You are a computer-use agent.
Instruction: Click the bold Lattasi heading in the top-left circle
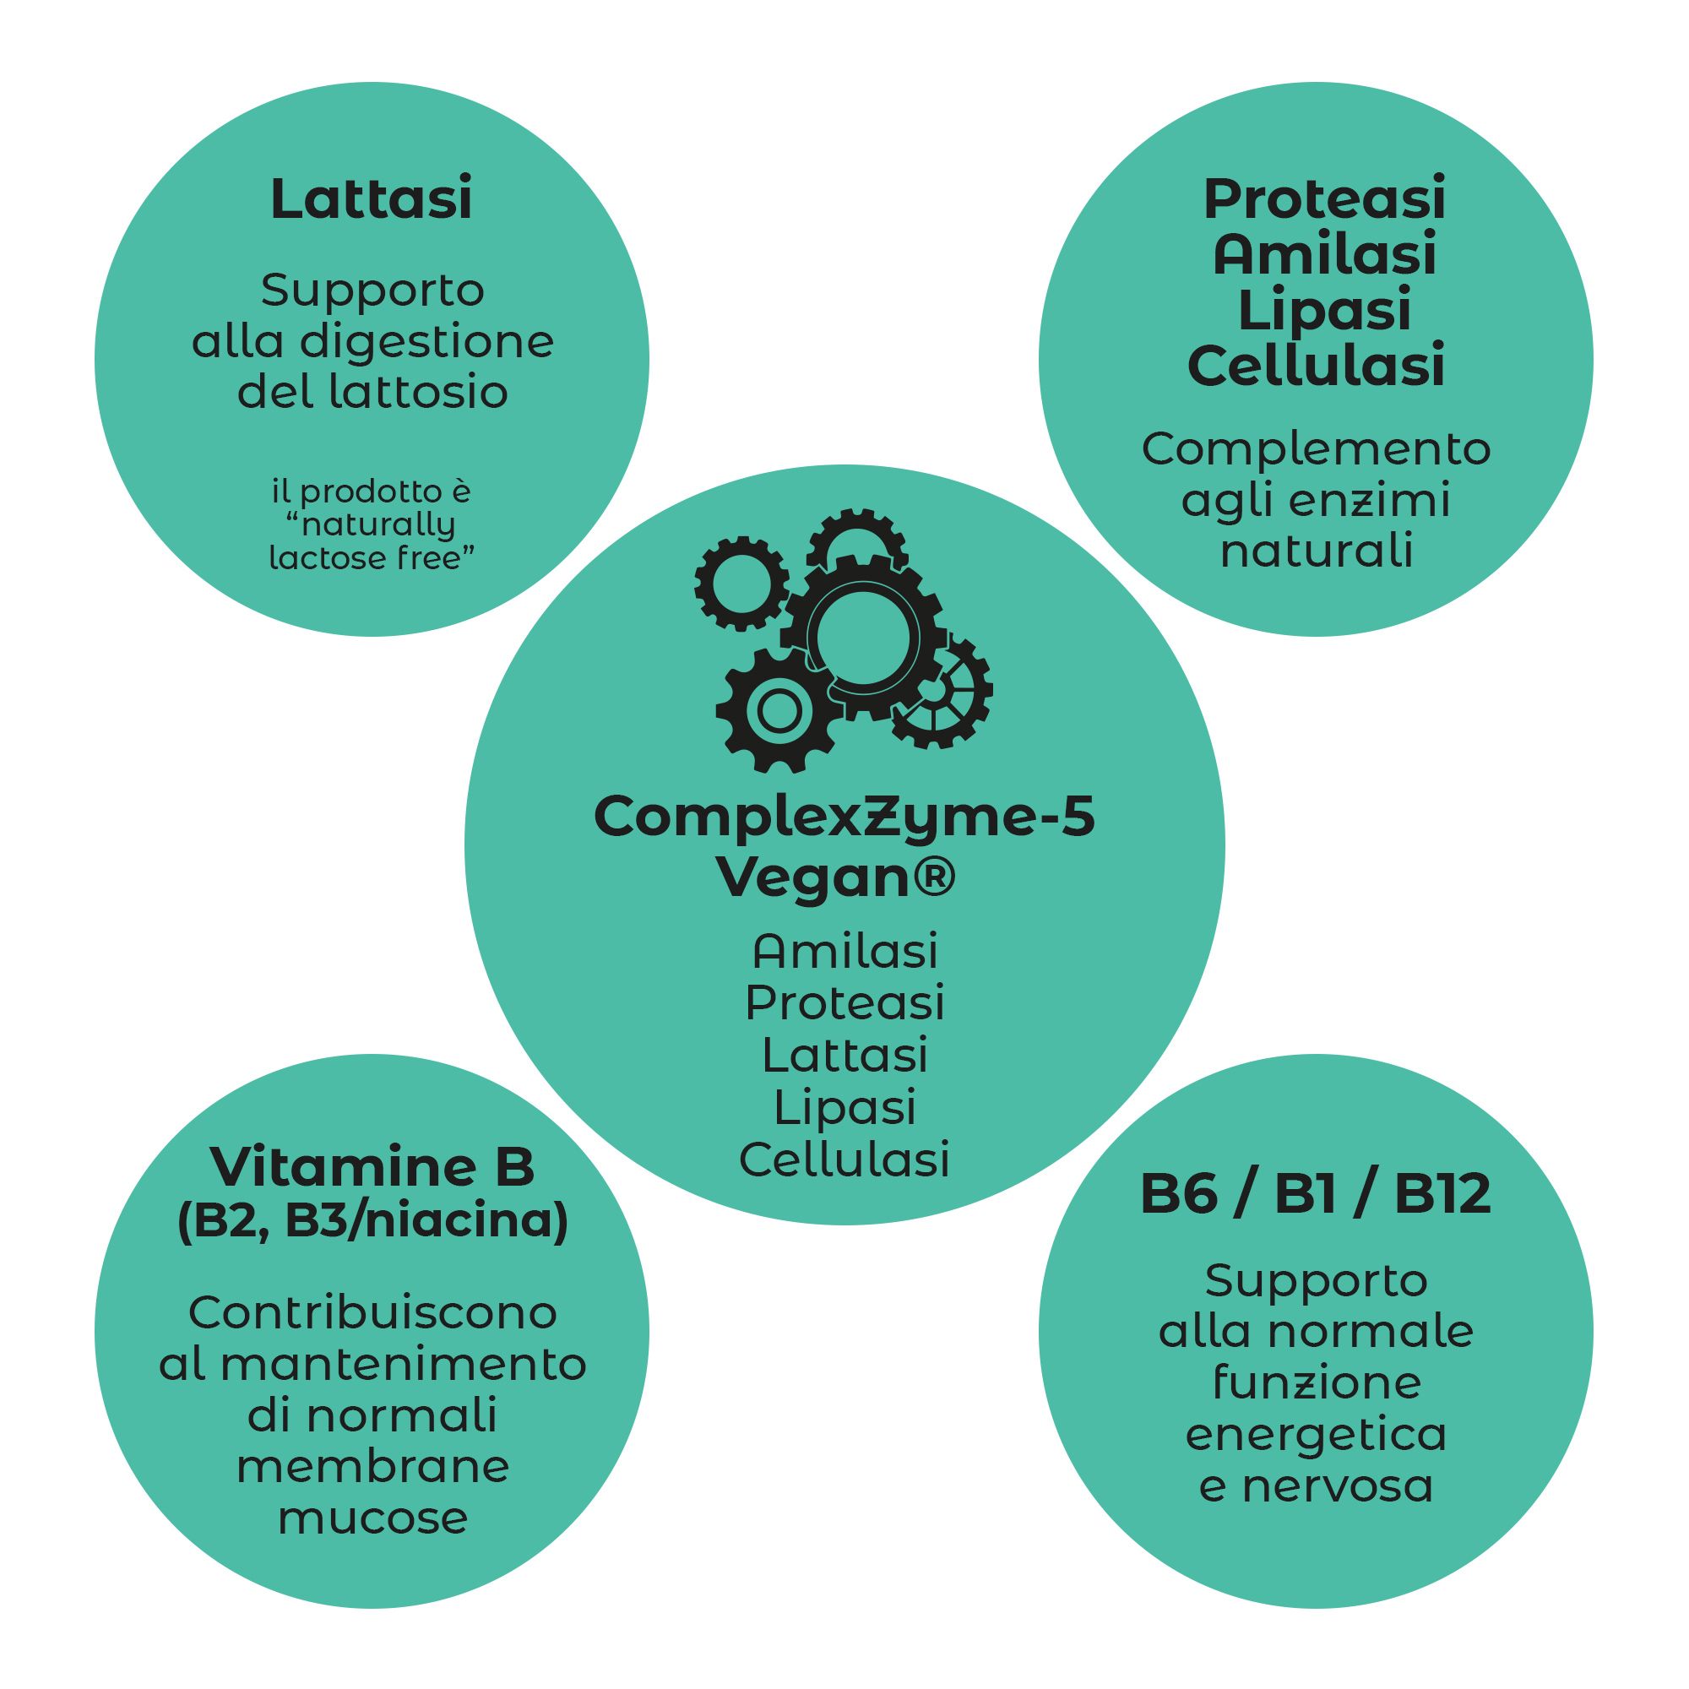coord(372,199)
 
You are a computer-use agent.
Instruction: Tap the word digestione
coord(427,342)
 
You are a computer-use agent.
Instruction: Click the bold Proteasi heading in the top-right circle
coord(1323,199)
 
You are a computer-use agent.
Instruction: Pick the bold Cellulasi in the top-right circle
coord(1316,367)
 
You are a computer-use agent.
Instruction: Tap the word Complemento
coord(1316,449)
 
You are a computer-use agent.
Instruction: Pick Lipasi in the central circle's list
coord(844,1108)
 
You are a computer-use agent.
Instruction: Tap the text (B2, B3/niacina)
coord(372,1220)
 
